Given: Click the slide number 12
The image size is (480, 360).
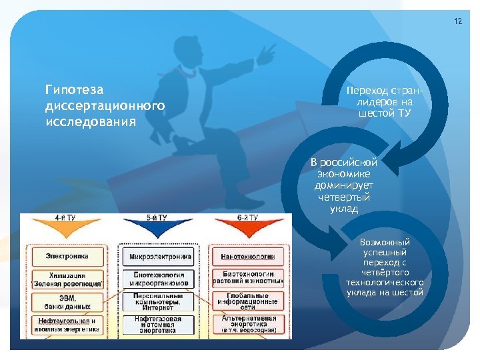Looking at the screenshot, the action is click(457, 21).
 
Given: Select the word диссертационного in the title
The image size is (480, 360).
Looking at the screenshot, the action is click(103, 106).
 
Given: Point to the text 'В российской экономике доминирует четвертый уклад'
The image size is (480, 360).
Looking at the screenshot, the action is click(344, 185).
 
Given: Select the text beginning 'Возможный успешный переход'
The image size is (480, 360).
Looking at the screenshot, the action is click(384, 267).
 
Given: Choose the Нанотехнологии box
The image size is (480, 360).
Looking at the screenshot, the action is click(247, 257).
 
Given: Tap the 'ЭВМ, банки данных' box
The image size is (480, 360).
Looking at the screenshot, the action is click(67, 301).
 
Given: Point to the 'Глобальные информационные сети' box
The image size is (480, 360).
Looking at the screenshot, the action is click(247, 301).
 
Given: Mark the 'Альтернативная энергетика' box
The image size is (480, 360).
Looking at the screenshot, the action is click(247, 325).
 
